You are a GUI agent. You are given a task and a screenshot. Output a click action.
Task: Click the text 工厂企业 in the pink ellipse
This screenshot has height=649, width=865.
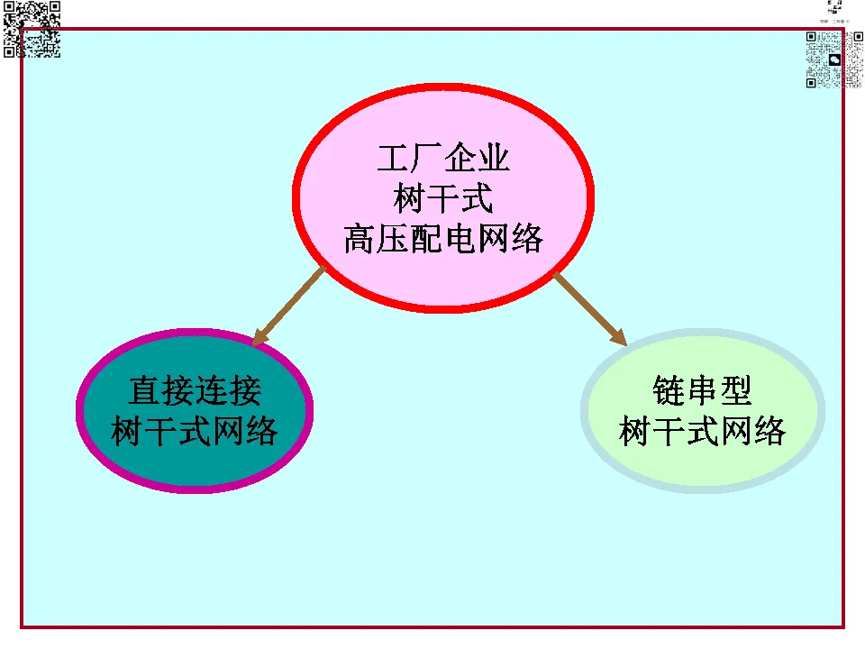pyautogui.click(x=443, y=158)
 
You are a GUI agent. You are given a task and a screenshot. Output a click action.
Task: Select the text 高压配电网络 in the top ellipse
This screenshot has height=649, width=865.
pyautogui.click(x=443, y=239)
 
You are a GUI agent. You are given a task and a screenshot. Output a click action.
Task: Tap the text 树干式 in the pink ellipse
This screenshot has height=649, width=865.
pyautogui.click(x=443, y=198)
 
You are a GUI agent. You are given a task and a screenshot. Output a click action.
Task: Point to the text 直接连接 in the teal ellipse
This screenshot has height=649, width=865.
pyautogui.click(x=195, y=390)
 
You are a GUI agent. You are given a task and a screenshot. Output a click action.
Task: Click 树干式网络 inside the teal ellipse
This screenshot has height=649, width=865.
pyautogui.click(x=195, y=431)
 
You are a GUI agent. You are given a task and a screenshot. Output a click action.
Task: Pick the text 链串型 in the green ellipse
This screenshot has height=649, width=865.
pyautogui.click(x=702, y=390)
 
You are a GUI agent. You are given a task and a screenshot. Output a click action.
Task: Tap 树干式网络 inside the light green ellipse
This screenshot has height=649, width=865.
pyautogui.click(x=702, y=431)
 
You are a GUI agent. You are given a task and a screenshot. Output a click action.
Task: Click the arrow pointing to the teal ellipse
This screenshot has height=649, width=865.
pyautogui.click(x=289, y=306)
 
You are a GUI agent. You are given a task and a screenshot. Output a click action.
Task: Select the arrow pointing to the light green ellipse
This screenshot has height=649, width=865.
pyautogui.click(x=590, y=309)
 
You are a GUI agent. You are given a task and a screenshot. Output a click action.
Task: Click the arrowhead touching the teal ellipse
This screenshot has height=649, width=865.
pyautogui.click(x=259, y=338)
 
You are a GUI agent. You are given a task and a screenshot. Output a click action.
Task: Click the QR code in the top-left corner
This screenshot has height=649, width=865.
pyautogui.click(x=32, y=29)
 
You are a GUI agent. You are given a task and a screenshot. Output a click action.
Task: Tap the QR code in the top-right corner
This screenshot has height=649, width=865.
pyautogui.click(x=834, y=59)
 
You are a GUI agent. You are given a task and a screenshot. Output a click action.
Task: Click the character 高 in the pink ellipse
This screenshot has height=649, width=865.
pyautogui.click(x=360, y=239)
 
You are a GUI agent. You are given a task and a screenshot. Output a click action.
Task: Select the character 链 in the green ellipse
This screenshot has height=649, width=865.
pyautogui.click(x=669, y=390)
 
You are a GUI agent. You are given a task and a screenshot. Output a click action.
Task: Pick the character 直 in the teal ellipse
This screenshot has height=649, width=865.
pyautogui.click(x=144, y=390)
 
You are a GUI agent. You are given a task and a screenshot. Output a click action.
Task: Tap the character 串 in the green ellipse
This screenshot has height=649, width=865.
pyautogui.click(x=702, y=390)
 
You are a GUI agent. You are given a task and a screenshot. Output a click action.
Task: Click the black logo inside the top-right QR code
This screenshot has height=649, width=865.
pyautogui.click(x=834, y=60)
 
